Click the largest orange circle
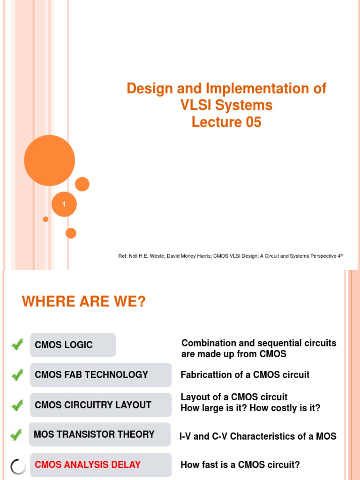point(49,160)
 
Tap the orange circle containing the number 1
point(64,204)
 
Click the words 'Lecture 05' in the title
point(226,122)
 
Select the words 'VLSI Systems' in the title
point(226,105)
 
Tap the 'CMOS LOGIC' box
point(73,345)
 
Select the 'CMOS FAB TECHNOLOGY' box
point(100,375)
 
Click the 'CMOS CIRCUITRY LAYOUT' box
point(100,405)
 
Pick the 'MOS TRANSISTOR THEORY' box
point(99,435)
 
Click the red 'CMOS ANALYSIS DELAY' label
point(88,465)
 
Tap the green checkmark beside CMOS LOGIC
point(17,345)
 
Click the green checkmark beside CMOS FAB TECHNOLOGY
point(17,375)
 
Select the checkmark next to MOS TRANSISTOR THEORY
point(15,435)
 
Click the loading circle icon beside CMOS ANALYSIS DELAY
point(17,466)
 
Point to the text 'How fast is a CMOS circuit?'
point(240,465)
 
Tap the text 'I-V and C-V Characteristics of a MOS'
point(258,436)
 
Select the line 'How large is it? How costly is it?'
point(250,408)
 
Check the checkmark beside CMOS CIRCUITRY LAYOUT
point(17,405)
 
